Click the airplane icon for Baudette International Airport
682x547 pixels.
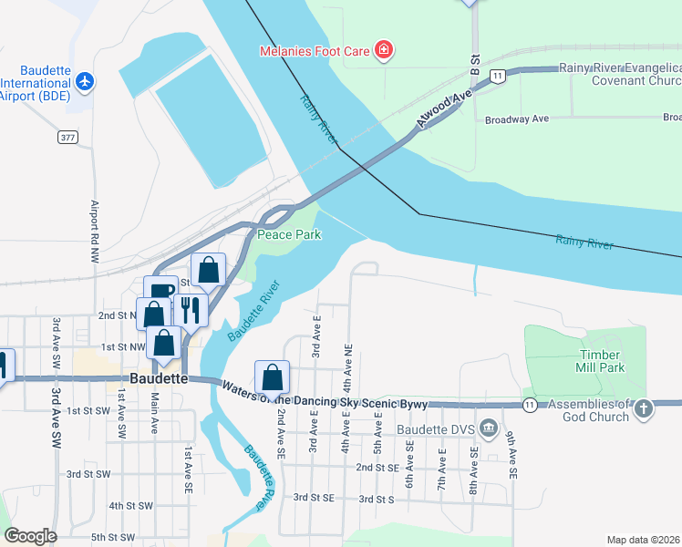tap(86, 81)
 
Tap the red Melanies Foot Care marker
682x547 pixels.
tap(384, 49)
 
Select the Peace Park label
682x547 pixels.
tap(289, 234)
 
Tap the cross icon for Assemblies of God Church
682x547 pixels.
tap(644, 408)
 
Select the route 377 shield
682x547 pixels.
tap(67, 137)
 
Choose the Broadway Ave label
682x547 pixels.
tap(516, 119)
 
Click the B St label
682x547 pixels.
tap(475, 64)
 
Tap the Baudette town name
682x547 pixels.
tap(159, 377)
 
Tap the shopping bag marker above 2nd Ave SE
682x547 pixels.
tap(272, 377)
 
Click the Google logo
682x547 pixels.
tap(30, 536)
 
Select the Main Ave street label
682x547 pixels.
tap(154, 412)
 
